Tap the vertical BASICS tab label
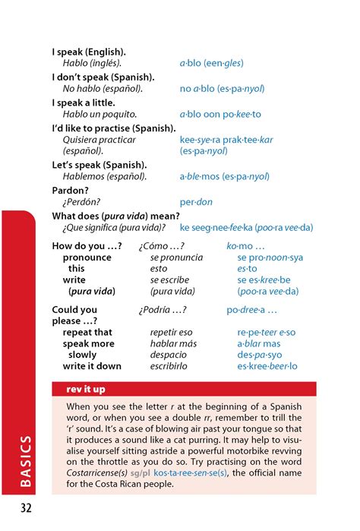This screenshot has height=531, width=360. pos(25,463)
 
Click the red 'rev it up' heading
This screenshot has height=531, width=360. pos(84,390)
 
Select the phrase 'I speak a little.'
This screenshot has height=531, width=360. pos(87,103)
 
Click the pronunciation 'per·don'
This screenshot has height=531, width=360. pos(196,203)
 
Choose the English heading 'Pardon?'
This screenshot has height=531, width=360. pos(71,191)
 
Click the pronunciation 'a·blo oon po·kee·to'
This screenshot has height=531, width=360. pos(220,114)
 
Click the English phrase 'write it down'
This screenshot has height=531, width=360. pos(92,366)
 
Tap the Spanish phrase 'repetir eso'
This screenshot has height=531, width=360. pos(172,332)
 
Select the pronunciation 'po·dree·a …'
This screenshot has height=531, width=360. pos(251,310)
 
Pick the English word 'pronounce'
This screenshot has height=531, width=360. pos(87,258)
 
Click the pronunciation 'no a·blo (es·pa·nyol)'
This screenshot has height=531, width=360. pos(222,89)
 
